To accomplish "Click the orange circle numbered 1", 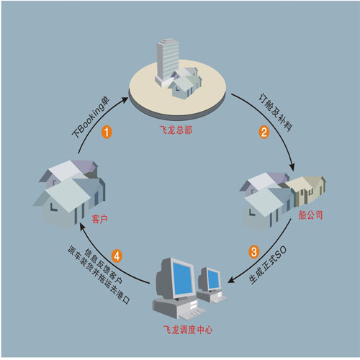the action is pos(107,132).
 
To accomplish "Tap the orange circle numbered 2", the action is pos(264,132).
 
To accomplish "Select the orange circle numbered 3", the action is pos(253,252).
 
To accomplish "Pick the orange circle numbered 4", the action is pos(117,256).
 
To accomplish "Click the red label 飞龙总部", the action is pos(176,130).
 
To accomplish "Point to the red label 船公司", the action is pos(310,215).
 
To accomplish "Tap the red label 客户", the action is pos(99,219).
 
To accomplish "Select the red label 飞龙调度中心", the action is pos(188,330).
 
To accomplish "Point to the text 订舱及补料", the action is pos(276,112).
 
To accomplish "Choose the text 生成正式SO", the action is pos(268,265).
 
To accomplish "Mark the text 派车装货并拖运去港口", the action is pos(99,275).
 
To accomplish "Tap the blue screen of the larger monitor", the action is pos(184,280).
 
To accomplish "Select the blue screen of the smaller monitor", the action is pos(213,279).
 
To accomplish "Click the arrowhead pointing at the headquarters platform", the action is pos(125,99).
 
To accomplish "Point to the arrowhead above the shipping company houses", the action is pos(292,167).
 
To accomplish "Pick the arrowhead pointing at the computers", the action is pos(231,279).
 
